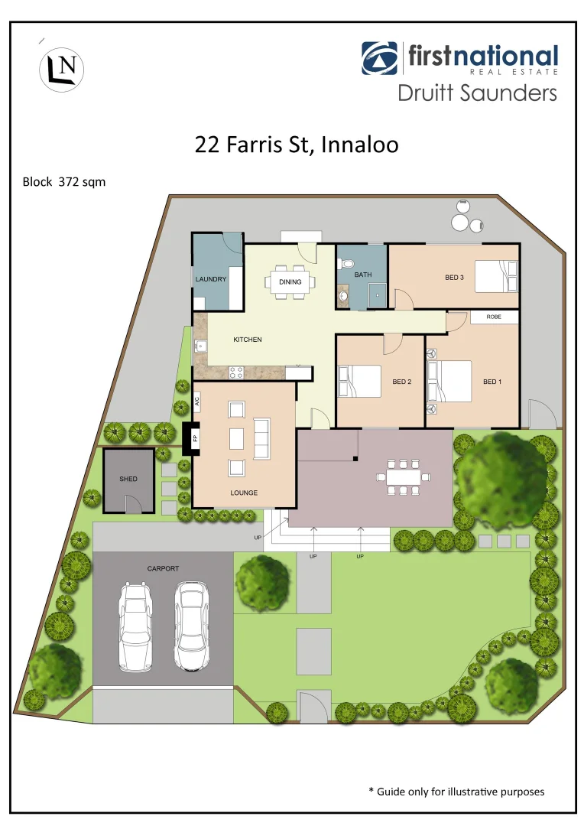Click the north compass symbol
(x=61, y=69)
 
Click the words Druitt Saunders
(x=477, y=93)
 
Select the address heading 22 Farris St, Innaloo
(x=297, y=145)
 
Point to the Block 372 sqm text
(x=64, y=182)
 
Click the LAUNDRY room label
(x=211, y=279)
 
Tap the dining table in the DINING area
(x=290, y=281)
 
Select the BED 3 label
(x=454, y=278)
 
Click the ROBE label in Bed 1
(x=494, y=317)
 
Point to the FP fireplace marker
(x=194, y=438)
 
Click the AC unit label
(x=196, y=400)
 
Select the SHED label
(x=128, y=479)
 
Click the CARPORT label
(x=163, y=569)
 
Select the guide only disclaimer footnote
(x=456, y=792)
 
